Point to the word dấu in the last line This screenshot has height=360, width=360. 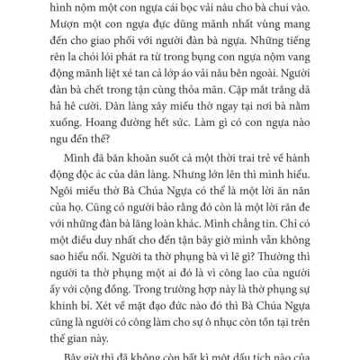coord(269,357)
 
